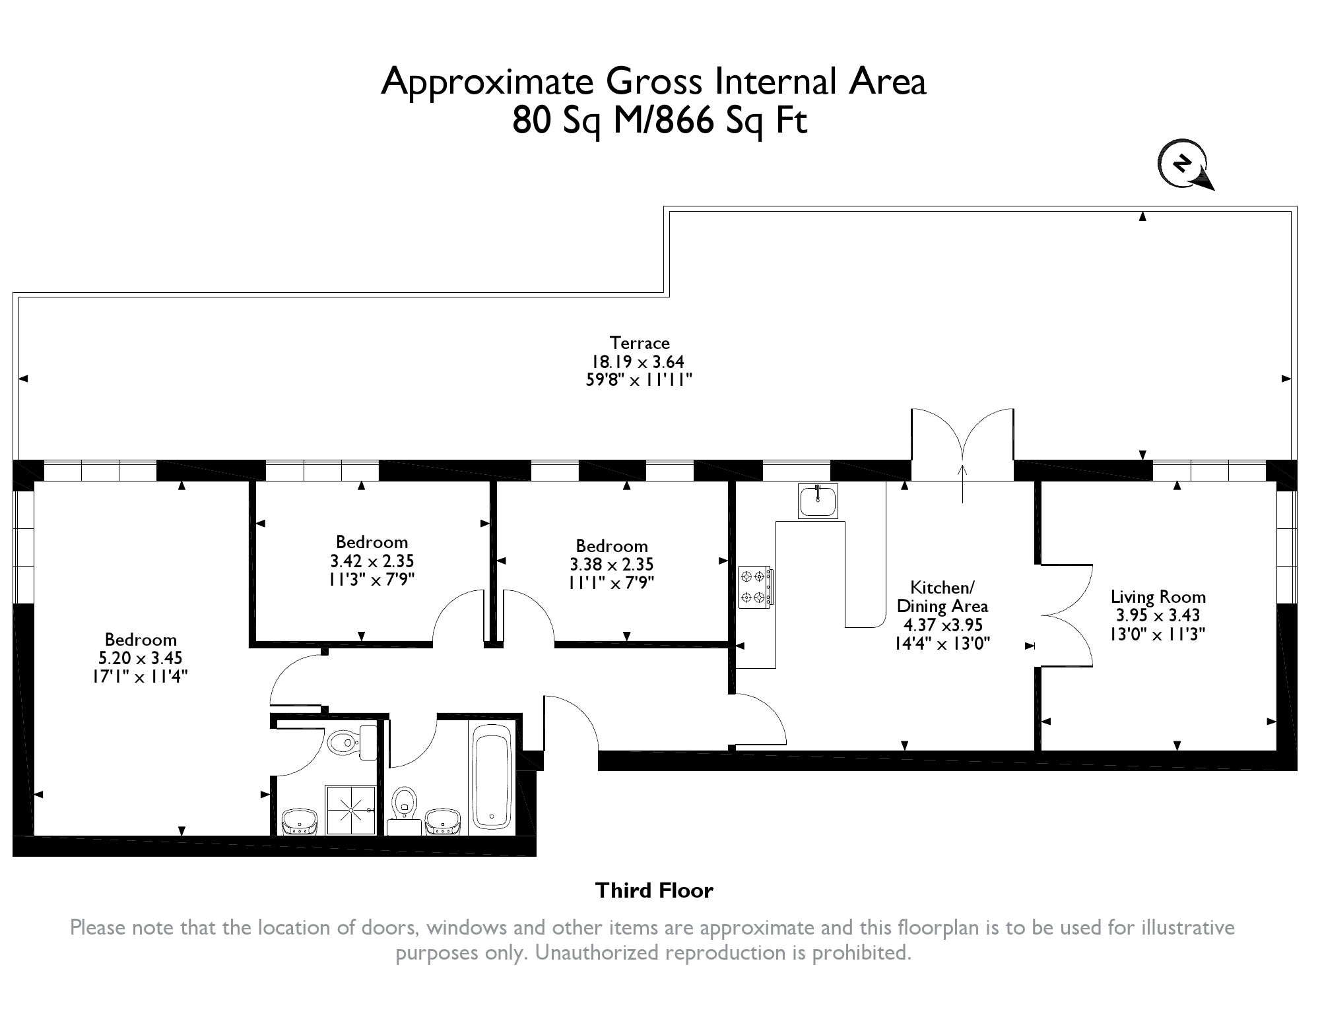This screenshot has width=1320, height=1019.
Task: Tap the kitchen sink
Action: coord(818,501)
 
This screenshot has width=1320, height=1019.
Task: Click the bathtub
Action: coord(492,778)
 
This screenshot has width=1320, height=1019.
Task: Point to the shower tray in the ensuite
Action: coord(350,809)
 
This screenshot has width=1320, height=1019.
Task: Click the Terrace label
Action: coord(640,343)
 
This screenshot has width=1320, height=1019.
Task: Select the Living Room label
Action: coord(1158,598)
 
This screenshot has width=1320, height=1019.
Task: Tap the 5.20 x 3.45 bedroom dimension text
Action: coord(140,658)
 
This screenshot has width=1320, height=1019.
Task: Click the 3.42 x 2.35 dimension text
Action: coord(372,561)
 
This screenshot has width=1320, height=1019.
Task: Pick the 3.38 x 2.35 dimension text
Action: coord(612,565)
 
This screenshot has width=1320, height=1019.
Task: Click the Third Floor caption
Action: coord(654,891)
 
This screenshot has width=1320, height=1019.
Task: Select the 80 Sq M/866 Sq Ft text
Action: coord(659,121)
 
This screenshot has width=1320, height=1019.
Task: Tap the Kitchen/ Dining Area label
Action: coord(942,597)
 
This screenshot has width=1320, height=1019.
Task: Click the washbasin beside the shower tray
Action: coord(300,822)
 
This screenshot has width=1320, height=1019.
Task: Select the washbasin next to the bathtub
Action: coord(443,822)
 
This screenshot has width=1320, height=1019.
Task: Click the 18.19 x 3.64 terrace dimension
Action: coord(637,362)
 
